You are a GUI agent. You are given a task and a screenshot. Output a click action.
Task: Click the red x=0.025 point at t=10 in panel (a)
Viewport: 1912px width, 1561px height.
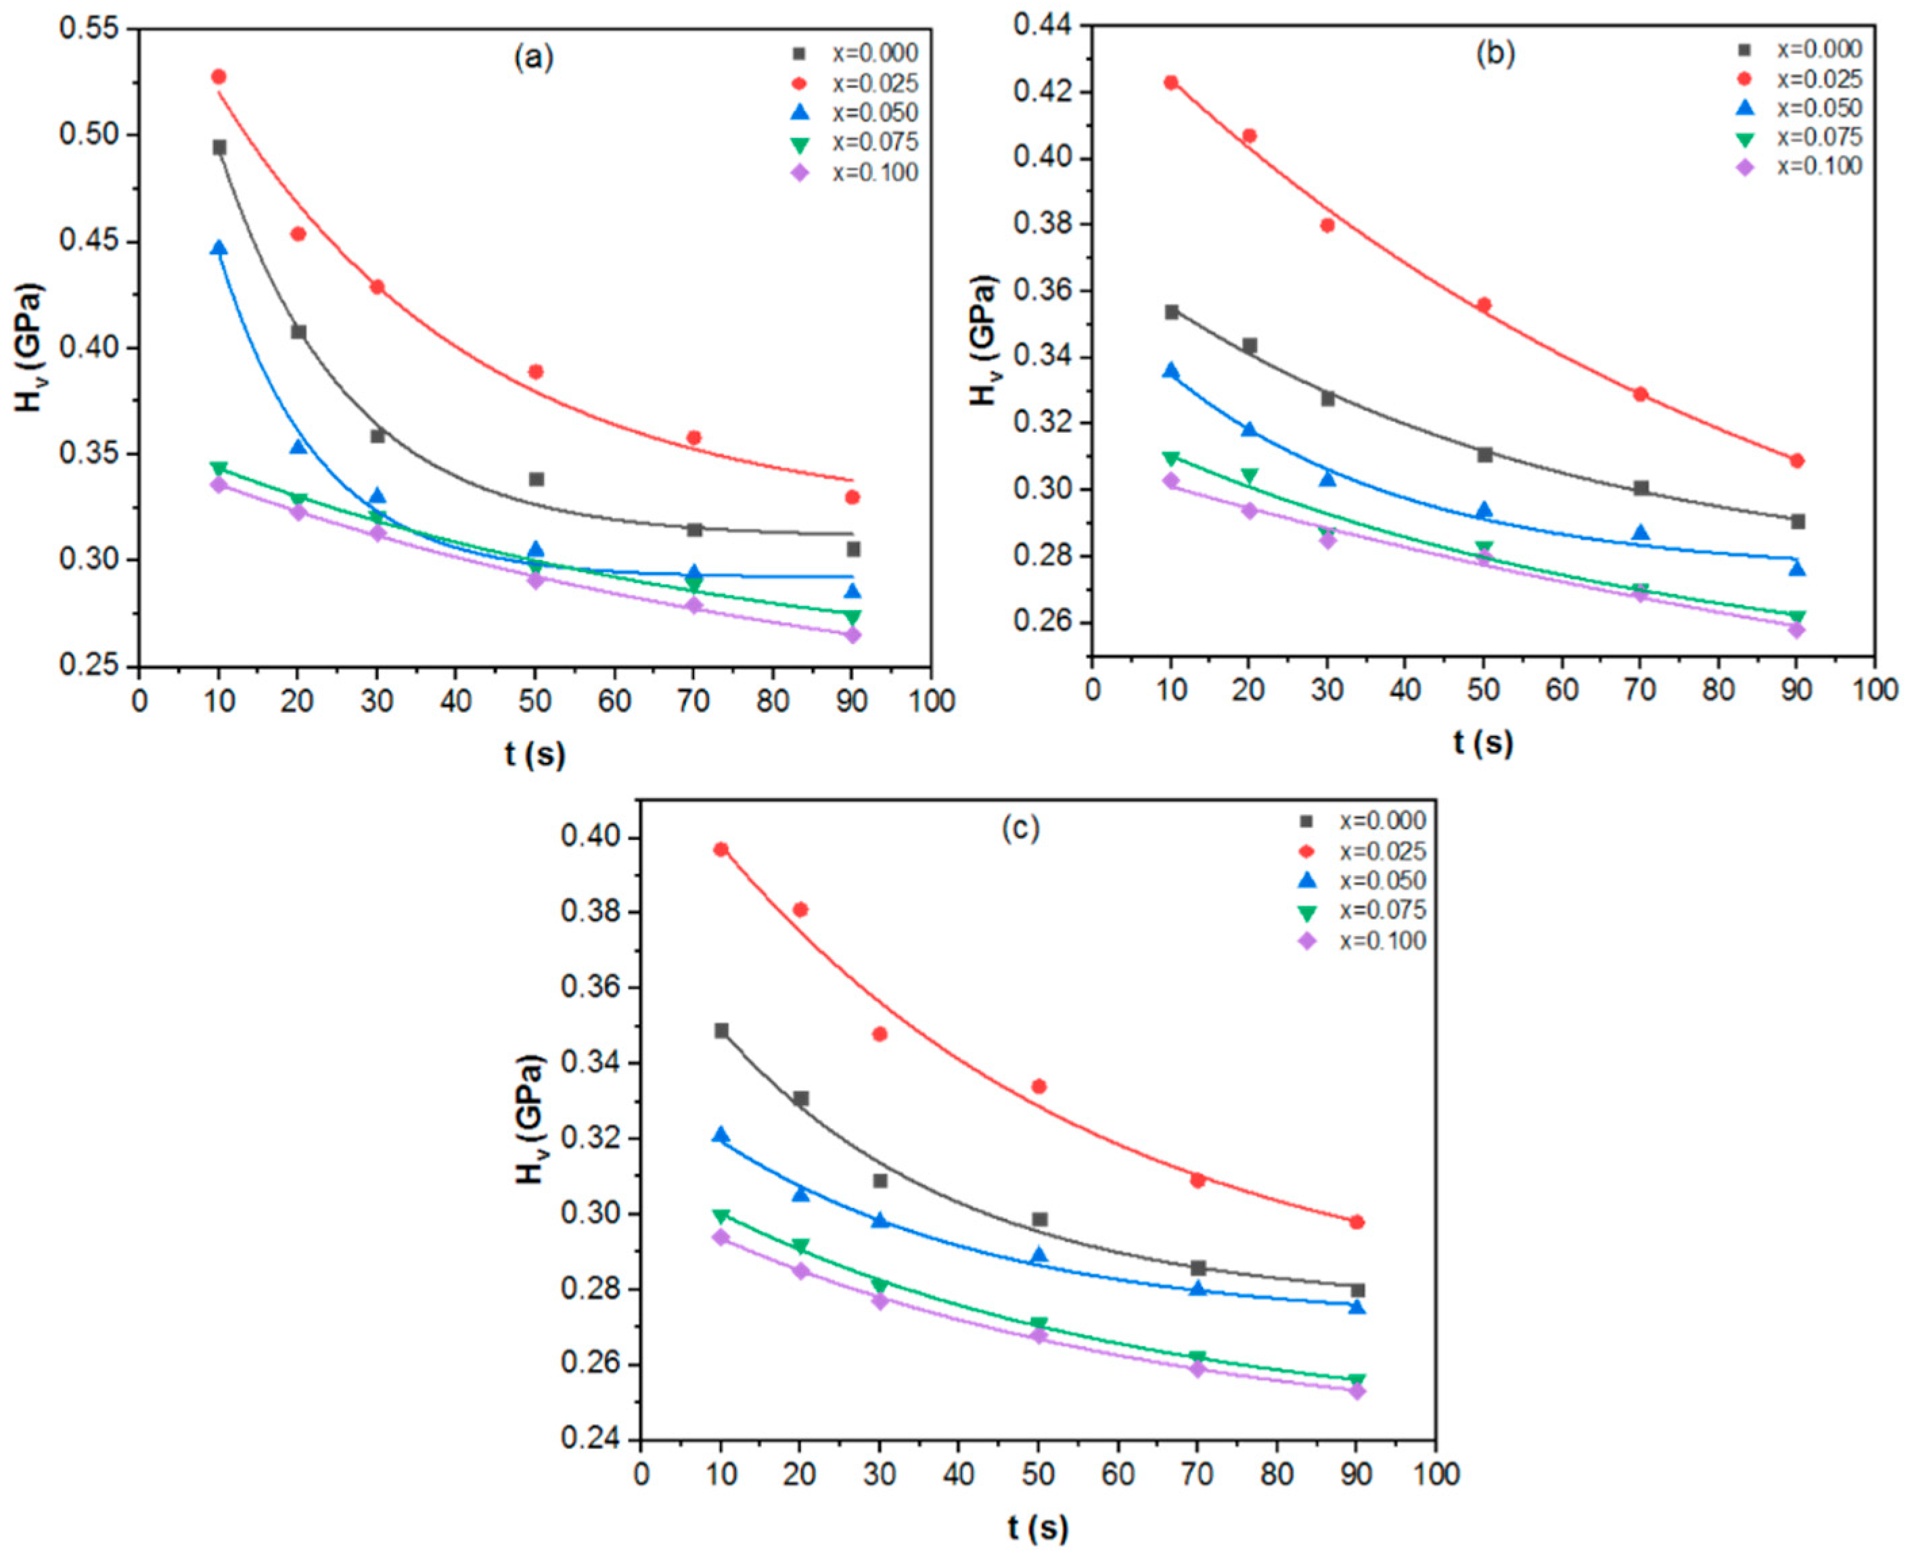click(219, 77)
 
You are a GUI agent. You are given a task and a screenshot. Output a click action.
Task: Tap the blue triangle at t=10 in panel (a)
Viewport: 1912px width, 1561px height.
click(219, 248)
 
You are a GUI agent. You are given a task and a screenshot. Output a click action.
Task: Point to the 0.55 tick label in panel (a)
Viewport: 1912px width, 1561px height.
click(89, 29)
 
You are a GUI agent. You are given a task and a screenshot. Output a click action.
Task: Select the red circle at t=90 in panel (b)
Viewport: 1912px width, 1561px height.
click(1797, 461)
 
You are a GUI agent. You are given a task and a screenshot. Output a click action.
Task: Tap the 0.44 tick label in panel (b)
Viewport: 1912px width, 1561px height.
click(1043, 26)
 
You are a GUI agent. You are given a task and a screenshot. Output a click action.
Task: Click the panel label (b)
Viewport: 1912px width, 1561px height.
click(1496, 54)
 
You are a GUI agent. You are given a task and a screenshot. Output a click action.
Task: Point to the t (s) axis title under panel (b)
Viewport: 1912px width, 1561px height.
click(1483, 743)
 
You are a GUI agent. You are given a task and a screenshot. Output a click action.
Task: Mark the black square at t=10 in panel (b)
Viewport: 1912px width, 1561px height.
click(1171, 312)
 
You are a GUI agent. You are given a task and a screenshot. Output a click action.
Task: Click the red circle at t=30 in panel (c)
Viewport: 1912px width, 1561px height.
click(880, 1034)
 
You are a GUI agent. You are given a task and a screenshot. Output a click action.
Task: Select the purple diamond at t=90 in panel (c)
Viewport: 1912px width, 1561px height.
click(1357, 1391)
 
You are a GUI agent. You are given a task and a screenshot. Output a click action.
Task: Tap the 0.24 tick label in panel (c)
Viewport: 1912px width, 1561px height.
click(589, 1440)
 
